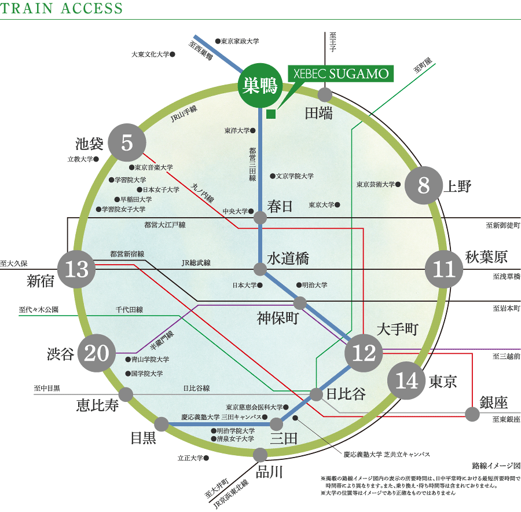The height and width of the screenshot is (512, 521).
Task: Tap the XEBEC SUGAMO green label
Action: click(341, 74)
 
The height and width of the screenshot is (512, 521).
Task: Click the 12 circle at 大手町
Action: click(364, 353)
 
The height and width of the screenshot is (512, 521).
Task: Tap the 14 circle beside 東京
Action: click(406, 381)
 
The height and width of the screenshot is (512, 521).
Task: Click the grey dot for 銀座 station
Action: click(472, 414)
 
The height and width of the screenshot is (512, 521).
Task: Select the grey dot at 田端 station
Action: click(325, 94)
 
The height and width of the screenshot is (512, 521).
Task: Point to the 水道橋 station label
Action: click(288, 258)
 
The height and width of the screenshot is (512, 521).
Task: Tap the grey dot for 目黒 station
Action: click(162, 425)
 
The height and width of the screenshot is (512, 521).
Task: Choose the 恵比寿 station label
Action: click(98, 404)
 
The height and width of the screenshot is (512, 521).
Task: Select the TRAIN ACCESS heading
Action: click(61, 9)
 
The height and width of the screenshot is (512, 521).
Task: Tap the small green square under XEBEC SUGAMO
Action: click(270, 114)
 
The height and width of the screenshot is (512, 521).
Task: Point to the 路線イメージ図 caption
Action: click(496, 465)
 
